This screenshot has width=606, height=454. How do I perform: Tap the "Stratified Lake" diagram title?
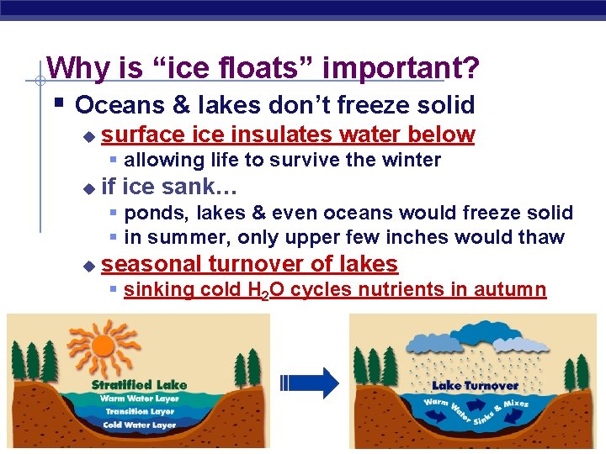point(139,385)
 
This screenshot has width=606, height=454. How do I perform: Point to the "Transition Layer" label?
point(139,412)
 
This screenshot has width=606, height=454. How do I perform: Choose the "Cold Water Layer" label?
point(139,425)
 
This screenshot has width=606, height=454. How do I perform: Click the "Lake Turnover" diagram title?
point(475,386)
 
